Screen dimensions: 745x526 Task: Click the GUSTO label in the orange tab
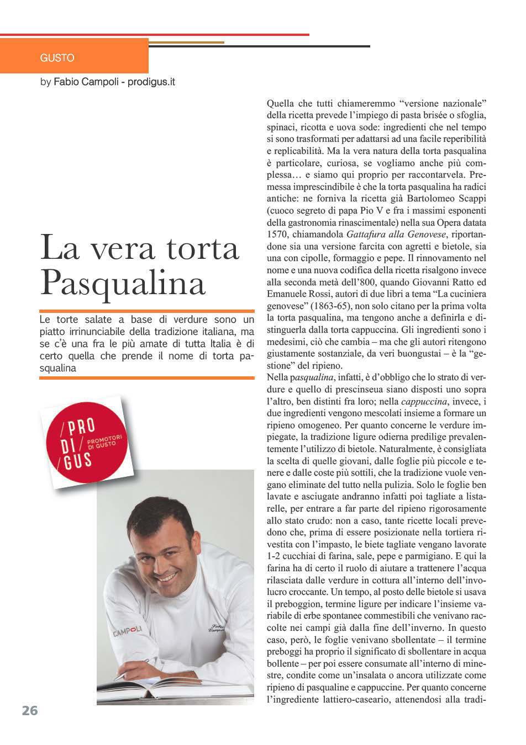pos(57,58)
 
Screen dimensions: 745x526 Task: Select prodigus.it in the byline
pos(151,82)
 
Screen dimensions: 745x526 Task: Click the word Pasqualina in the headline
pos(123,283)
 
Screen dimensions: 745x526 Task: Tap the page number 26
pos(30,711)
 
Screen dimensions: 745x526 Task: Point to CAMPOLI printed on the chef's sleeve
pos(127,631)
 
